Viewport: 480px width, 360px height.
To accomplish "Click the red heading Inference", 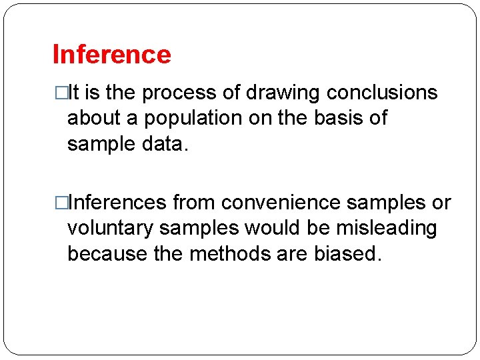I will (x=111, y=55).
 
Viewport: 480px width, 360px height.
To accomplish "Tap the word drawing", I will (x=285, y=93).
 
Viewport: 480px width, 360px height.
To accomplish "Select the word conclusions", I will (x=384, y=93).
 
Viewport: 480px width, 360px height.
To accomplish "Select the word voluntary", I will (x=110, y=228).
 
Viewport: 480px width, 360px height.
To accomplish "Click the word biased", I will (x=346, y=253).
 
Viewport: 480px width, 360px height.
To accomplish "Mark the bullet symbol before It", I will (x=61, y=93).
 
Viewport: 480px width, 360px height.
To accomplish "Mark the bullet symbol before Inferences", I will (x=61, y=203).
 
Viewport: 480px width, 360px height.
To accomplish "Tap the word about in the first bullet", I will (x=91, y=118).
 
